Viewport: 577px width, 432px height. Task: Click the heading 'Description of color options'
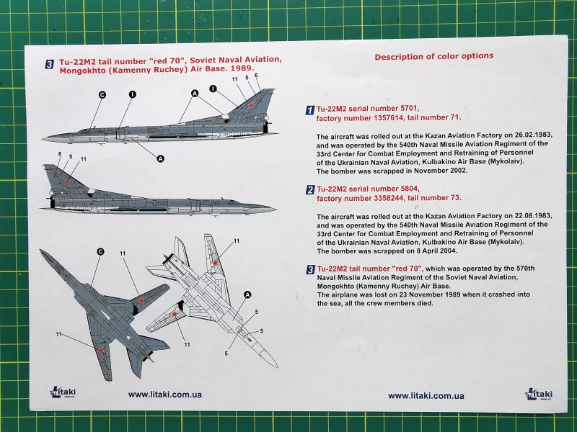(434, 57)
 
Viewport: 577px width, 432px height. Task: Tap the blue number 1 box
(310, 110)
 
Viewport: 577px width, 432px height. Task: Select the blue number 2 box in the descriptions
(310, 189)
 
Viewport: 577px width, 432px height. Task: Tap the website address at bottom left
(165, 395)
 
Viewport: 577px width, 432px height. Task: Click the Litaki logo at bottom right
(538, 393)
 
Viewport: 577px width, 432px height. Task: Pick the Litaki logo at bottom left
(62, 392)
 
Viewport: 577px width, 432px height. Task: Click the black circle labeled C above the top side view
(102, 95)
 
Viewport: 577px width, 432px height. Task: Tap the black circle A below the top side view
(160, 158)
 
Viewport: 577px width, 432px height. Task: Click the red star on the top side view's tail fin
(251, 106)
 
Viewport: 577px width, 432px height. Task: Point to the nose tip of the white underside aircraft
(277, 366)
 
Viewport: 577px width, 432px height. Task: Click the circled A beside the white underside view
(247, 294)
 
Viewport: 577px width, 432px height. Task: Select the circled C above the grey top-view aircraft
(100, 251)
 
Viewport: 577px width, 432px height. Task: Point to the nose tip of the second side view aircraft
(276, 209)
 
